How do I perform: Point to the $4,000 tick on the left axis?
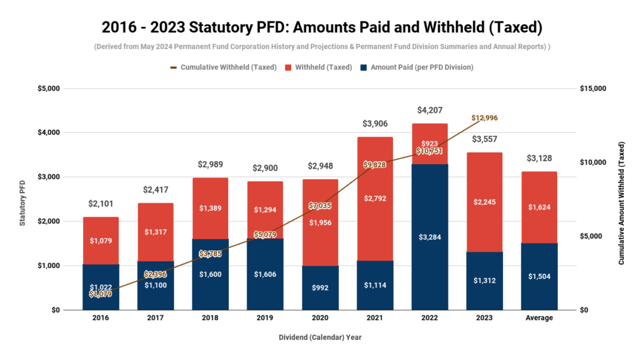tap(47, 133)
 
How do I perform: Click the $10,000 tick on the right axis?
tap(592, 162)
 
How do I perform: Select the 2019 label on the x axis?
tap(265, 318)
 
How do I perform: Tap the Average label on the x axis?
tap(539, 318)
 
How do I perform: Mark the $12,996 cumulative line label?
tap(484, 118)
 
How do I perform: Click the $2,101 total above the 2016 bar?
tap(100, 203)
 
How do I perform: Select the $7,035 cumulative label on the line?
tap(321, 206)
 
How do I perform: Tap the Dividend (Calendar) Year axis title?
tap(320, 337)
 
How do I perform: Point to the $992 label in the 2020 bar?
tap(321, 288)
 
